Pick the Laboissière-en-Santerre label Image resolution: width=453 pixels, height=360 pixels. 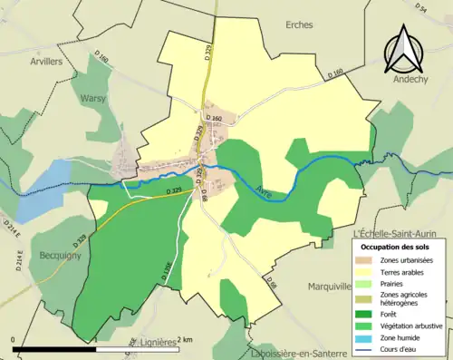coord(298,353)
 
